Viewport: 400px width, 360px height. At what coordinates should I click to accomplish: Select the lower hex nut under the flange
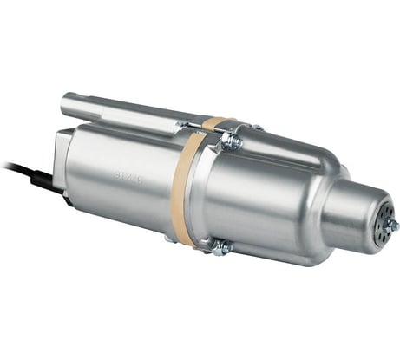point(222,247)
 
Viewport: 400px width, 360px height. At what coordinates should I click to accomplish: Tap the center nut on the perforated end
point(387,225)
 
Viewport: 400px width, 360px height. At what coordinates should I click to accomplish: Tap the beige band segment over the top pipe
point(217,124)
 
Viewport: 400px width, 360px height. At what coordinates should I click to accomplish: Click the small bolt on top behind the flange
point(257,128)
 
